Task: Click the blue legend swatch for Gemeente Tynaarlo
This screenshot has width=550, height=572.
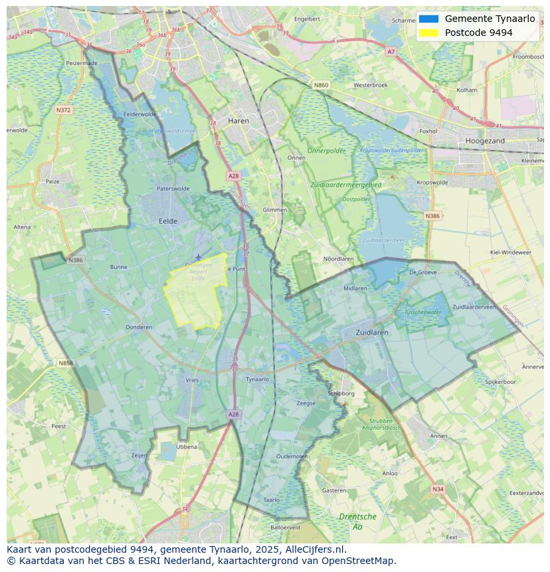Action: coord(429,19)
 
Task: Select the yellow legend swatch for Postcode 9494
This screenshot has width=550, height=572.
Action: coord(429,33)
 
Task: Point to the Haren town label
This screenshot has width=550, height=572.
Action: coord(238,121)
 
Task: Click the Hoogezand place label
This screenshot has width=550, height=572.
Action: coord(485,141)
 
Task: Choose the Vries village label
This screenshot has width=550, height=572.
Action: coord(192,379)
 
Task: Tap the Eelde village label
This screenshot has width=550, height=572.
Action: coord(167,221)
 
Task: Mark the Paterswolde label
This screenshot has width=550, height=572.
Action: coord(173,189)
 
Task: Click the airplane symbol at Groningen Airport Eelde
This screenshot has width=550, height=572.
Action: coord(198,256)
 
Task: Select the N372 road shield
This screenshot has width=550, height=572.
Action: coord(64,110)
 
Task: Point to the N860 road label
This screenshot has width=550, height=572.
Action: coord(321,85)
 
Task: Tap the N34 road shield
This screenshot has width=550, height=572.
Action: coord(437,489)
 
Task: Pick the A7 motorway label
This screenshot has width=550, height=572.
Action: coord(391,51)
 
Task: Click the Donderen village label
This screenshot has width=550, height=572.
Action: coord(139,327)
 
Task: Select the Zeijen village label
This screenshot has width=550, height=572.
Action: coord(139,455)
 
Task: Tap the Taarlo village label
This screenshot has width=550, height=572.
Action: coord(271,500)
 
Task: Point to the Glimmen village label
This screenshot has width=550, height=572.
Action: coord(275,210)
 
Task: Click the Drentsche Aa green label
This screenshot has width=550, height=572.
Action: coord(357,521)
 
